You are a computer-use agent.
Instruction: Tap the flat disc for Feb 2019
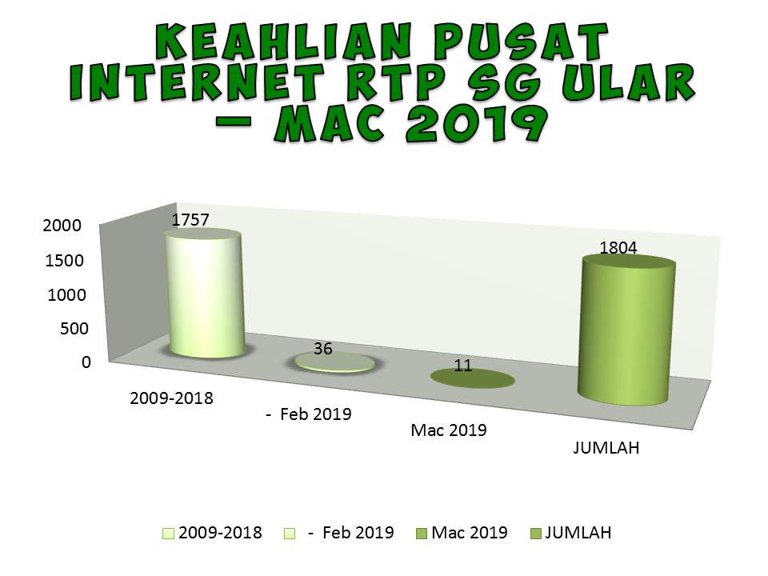(334, 362)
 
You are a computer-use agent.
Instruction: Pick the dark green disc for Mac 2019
(472, 378)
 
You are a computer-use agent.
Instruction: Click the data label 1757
(190, 218)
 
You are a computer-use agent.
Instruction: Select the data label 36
(323, 349)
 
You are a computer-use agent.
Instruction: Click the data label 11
(462, 366)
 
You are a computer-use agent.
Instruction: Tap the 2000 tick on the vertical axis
(62, 226)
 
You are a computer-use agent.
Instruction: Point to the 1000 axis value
(66, 294)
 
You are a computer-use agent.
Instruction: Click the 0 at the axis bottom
(86, 362)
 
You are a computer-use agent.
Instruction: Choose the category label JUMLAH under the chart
(606, 448)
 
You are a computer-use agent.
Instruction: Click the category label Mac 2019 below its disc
(449, 430)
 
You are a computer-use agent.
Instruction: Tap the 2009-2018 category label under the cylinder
(171, 398)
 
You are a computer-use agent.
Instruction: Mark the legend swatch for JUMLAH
(534, 534)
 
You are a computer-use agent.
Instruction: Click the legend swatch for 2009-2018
(168, 534)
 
